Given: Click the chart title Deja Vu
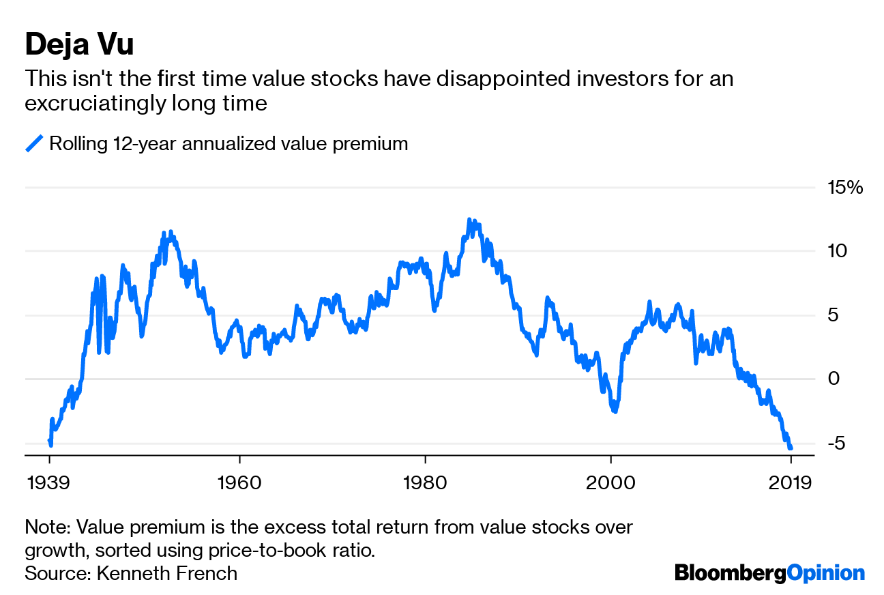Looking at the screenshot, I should click(x=79, y=45).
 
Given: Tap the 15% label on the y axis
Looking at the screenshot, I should click(x=845, y=187).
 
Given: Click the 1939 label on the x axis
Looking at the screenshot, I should click(x=49, y=483).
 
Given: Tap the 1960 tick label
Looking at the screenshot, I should click(x=239, y=483).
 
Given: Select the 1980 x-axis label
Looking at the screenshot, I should click(x=425, y=483).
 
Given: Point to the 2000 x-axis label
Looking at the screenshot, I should click(x=611, y=483).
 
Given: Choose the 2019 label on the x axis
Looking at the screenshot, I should click(x=791, y=483).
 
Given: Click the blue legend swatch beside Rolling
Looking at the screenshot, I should click(x=34, y=144).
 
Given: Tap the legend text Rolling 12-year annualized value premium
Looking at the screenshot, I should click(x=229, y=144).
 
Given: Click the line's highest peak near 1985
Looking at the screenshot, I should click(x=469, y=220).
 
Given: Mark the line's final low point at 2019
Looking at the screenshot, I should click(x=791, y=448).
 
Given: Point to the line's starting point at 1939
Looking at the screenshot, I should click(x=49, y=441).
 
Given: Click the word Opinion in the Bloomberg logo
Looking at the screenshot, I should click(x=825, y=572).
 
